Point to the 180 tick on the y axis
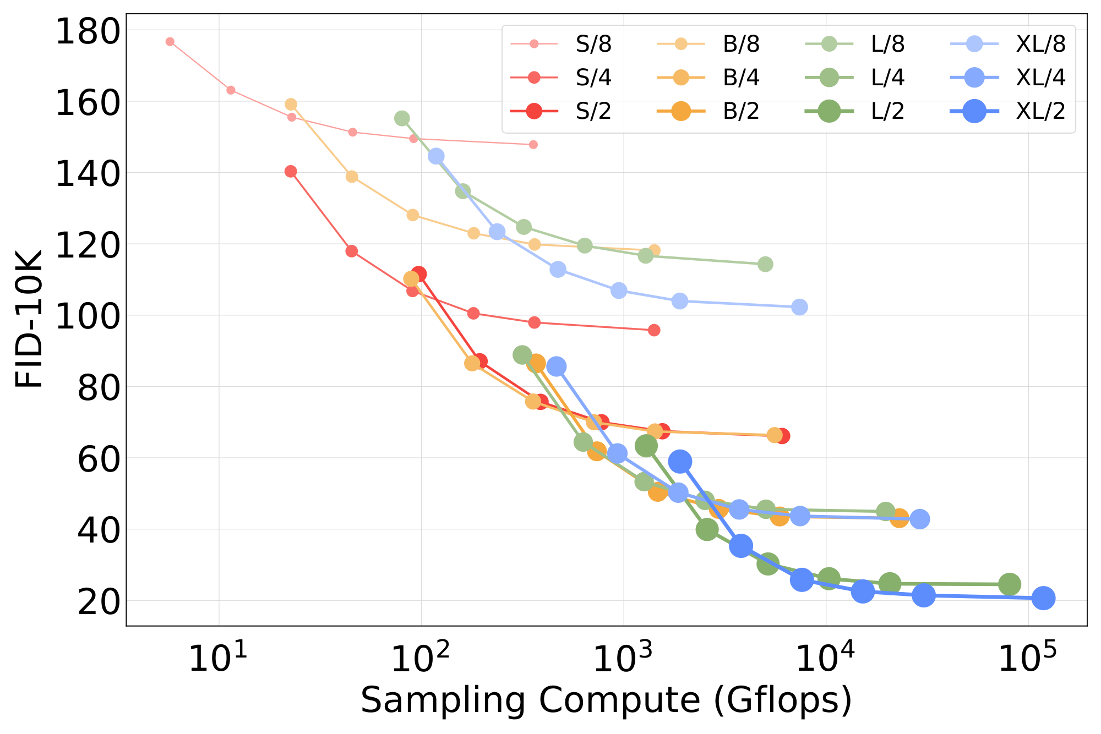[88, 31]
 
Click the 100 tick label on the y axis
[88, 316]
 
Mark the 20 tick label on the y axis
[99, 602]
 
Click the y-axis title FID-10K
[29, 319]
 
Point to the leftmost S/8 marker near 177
[170, 42]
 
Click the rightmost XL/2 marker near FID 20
[1043, 598]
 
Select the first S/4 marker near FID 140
[291, 172]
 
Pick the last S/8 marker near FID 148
[533, 145]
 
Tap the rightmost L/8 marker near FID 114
[765, 264]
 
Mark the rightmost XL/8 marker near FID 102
[800, 307]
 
